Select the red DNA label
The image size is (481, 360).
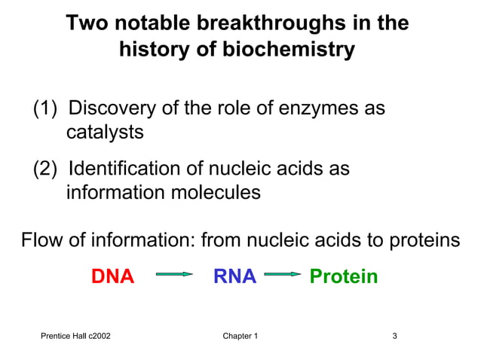112,276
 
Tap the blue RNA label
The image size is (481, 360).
234,276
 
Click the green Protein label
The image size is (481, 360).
344,276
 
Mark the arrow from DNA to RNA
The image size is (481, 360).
174,276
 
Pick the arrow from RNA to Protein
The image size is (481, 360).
283,276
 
